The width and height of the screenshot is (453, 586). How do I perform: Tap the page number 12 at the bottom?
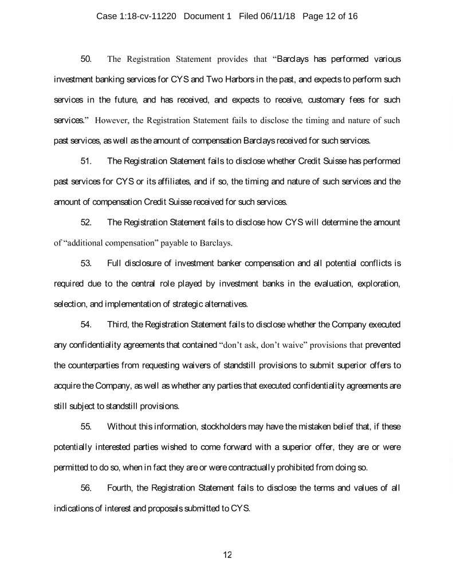[x=227, y=554]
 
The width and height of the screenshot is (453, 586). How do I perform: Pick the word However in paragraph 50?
[x=112, y=120]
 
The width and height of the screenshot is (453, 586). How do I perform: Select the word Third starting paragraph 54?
[x=118, y=325]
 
